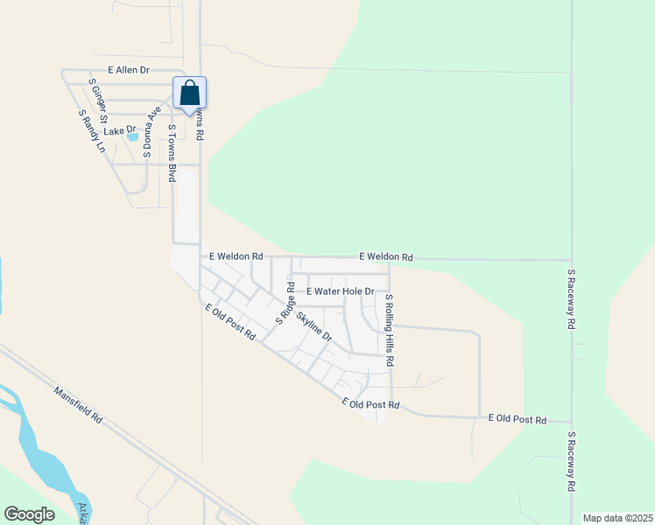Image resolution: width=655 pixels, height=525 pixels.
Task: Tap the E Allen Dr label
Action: pyautogui.click(x=130, y=69)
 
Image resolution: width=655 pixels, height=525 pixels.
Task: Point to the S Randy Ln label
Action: pyautogui.click(x=92, y=131)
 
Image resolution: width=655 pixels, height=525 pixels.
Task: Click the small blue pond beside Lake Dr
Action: pyautogui.click(x=132, y=136)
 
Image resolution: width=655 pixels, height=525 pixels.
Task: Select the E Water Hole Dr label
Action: pyautogui.click(x=340, y=291)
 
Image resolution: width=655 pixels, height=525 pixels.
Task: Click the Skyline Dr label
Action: pyautogui.click(x=314, y=326)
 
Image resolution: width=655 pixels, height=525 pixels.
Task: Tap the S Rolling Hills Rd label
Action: pyautogui.click(x=390, y=329)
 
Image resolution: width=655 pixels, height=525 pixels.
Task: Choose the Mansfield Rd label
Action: pyautogui.click(x=78, y=406)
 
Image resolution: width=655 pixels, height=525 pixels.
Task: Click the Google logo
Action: pyautogui.click(x=29, y=514)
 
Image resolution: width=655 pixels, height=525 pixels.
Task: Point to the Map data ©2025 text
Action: pyautogui.click(x=616, y=518)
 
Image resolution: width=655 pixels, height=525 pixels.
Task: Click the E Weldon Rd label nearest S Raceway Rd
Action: pyautogui.click(x=385, y=257)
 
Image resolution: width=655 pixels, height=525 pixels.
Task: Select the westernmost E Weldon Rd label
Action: pyautogui.click(x=236, y=256)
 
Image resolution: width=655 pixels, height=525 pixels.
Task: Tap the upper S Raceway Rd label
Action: pyautogui.click(x=571, y=298)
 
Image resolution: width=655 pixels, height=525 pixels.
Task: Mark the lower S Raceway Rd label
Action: pyautogui.click(x=571, y=460)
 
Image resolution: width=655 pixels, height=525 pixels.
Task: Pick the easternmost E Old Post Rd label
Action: pyautogui.click(x=517, y=420)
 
